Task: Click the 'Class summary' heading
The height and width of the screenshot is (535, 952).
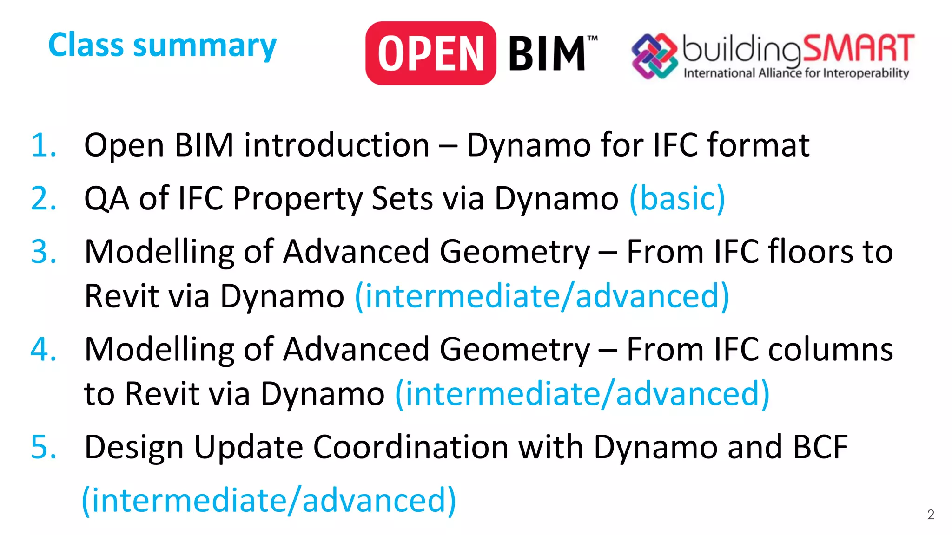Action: point(162,46)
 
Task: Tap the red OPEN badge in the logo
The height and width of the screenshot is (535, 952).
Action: point(430,53)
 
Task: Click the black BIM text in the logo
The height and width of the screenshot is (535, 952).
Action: point(547,54)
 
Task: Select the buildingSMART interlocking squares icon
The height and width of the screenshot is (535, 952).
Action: point(654,56)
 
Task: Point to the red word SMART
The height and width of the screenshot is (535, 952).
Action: point(858,48)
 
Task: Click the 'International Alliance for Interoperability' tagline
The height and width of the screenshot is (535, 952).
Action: point(796,73)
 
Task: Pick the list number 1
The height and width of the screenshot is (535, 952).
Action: point(43,145)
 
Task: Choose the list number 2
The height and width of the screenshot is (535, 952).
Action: point(43,199)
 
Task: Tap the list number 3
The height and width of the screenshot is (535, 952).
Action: point(43,252)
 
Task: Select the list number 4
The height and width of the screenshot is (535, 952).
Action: point(43,349)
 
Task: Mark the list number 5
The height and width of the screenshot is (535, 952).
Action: point(43,447)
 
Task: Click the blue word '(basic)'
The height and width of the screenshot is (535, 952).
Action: point(677,199)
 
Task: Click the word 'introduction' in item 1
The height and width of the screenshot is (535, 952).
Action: point(337,145)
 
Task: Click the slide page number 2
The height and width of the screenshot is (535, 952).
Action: point(931,515)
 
